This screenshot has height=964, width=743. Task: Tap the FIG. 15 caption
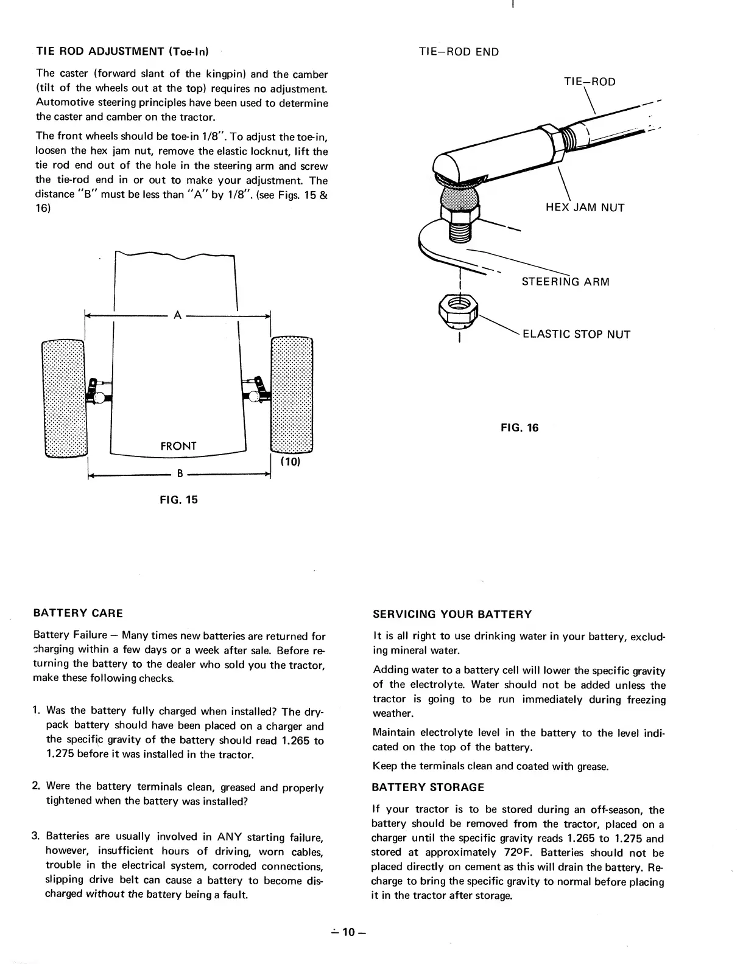tap(178, 500)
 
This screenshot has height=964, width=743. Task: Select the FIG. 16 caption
tap(519, 427)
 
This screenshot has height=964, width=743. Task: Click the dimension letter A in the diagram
tap(177, 315)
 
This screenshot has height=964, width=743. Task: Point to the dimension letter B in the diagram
tap(180, 473)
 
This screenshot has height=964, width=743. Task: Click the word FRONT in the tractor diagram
tap(178, 446)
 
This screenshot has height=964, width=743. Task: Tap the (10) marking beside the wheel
tap(290, 461)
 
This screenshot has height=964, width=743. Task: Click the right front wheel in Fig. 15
tap(291, 396)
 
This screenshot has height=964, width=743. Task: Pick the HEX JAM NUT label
tap(585, 208)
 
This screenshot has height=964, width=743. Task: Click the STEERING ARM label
tap(565, 282)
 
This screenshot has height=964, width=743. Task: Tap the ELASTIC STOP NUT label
tap(576, 334)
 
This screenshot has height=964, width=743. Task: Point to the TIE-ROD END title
tap(459, 52)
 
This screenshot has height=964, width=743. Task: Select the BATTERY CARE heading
tap(78, 613)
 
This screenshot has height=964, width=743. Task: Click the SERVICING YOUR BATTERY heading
tap(452, 614)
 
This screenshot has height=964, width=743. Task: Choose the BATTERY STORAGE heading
tap(428, 787)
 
